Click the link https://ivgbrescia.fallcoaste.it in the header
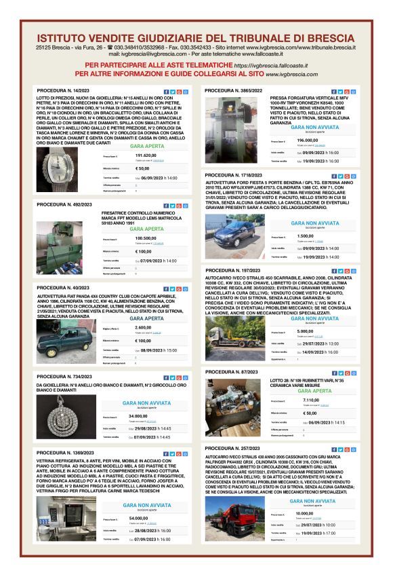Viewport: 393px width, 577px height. pyautogui.click(x=270, y=64)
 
